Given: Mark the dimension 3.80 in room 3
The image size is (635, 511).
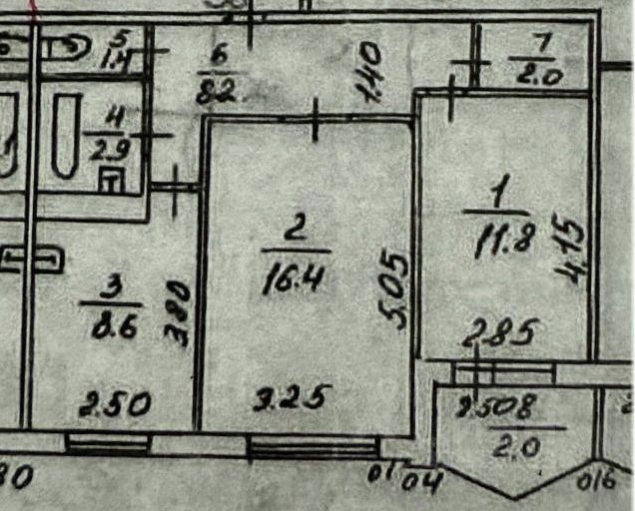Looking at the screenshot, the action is (180, 310).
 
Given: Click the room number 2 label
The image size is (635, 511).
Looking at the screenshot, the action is (295, 230).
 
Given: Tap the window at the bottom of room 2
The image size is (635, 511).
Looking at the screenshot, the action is (311, 446).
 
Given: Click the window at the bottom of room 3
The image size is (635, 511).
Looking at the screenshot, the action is (108, 443).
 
